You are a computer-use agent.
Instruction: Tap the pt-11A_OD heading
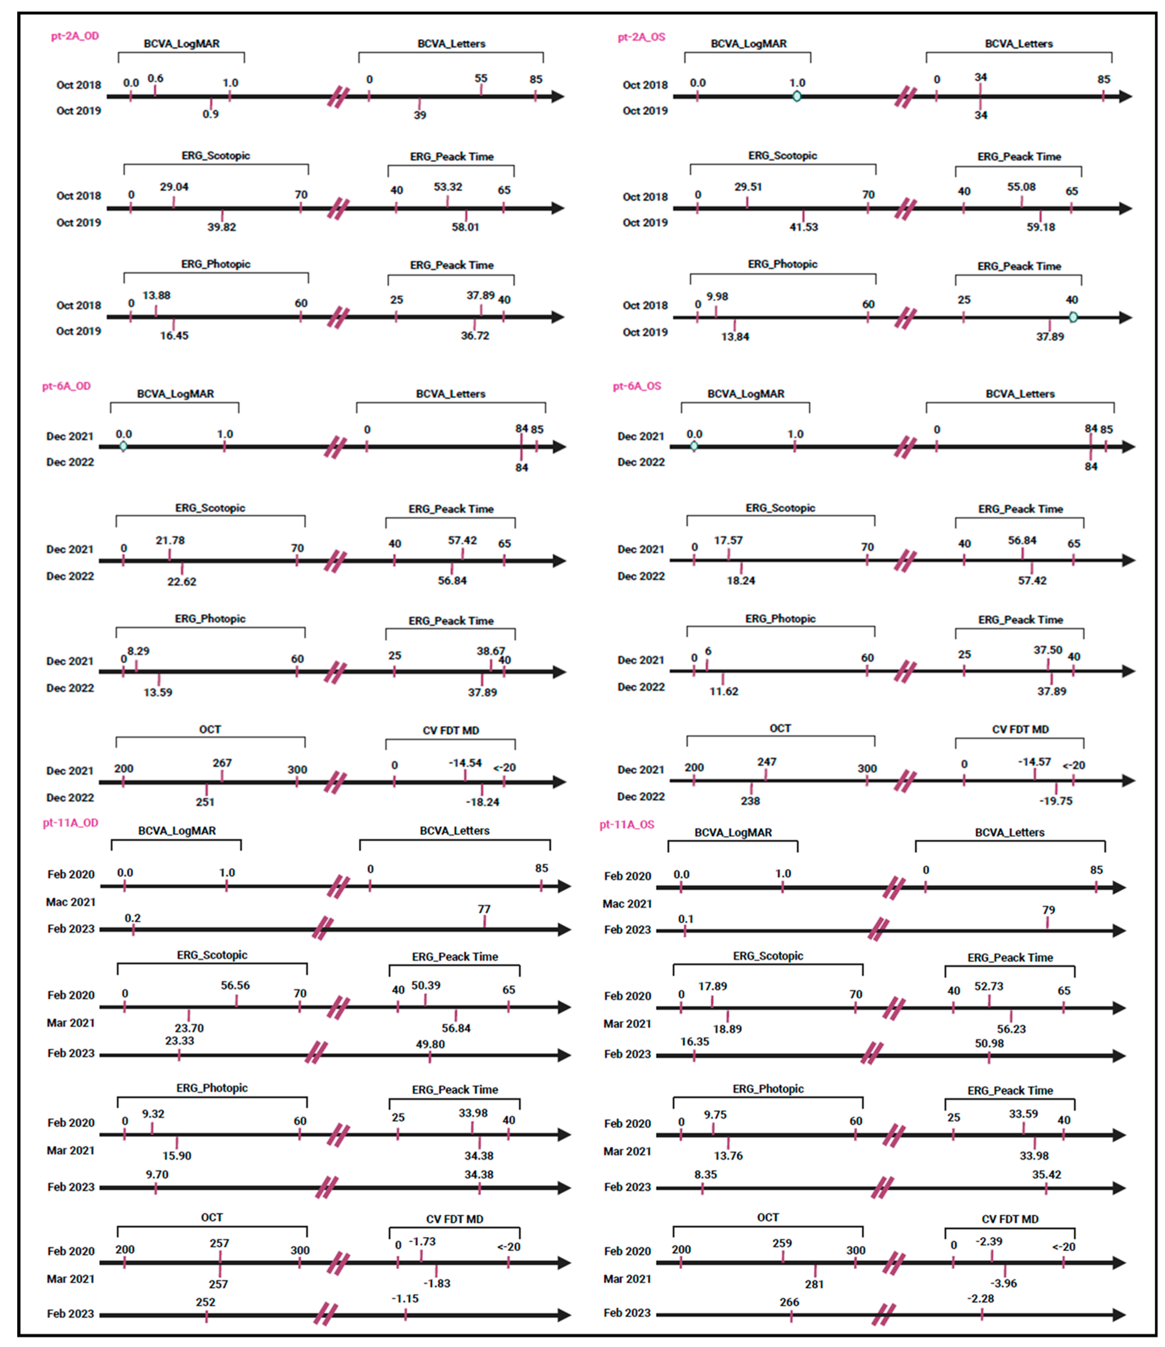[x=70, y=823]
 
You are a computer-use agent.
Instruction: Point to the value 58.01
[x=466, y=227]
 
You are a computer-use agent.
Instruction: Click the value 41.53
[x=804, y=227]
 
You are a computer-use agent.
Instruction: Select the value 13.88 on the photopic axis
[x=156, y=296]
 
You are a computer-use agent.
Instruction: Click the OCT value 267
[x=222, y=763]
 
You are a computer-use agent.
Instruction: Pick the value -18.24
[x=482, y=802]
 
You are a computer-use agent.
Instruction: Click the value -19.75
[x=1056, y=801]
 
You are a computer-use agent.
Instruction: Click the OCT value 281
[x=814, y=1285]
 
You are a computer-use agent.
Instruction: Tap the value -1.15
[x=405, y=1299]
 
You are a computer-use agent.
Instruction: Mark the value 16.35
[x=694, y=1041]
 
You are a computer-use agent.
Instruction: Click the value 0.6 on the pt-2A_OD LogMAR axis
[x=155, y=79]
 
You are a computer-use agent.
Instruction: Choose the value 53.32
[x=448, y=187]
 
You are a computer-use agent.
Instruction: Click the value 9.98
[x=717, y=297]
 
